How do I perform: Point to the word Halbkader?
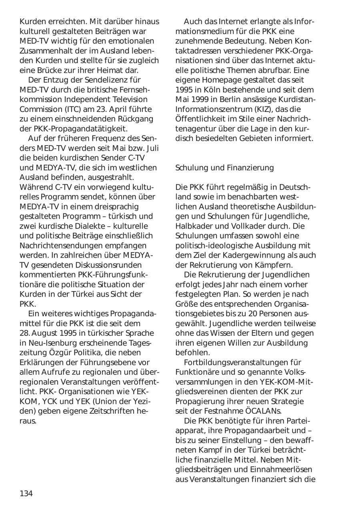click(194, 226)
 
